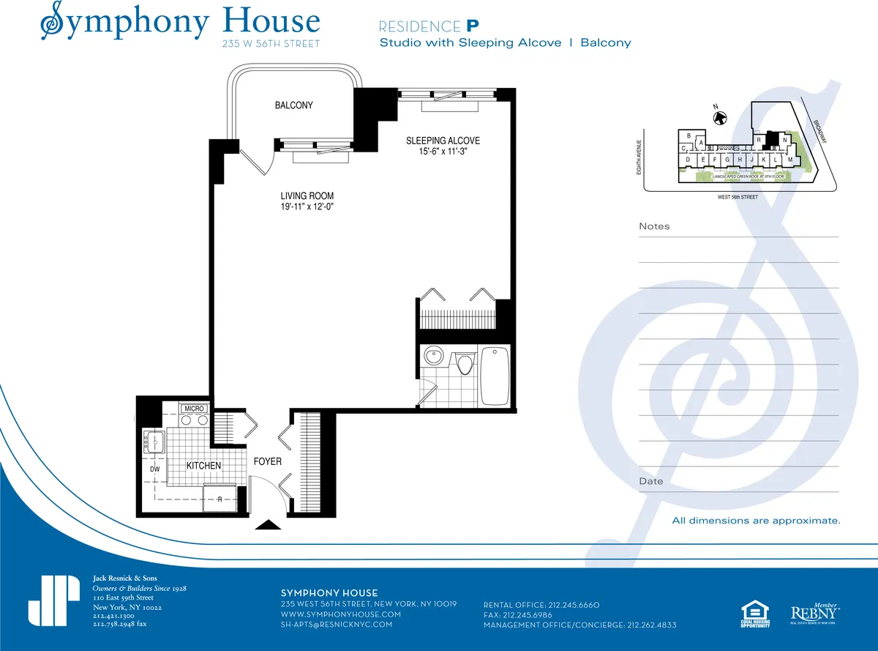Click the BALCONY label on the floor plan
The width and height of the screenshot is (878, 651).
[x=293, y=105]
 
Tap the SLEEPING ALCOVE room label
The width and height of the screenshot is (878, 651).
[x=443, y=141]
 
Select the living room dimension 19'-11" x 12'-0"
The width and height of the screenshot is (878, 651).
[x=307, y=207]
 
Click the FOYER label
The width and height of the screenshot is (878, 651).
[x=267, y=461]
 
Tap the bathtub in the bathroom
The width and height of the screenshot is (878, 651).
[x=495, y=375]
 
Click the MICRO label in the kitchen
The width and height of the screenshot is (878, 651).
[x=194, y=409]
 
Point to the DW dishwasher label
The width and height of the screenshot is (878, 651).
[x=154, y=469]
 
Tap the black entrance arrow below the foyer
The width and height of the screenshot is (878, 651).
[x=269, y=524]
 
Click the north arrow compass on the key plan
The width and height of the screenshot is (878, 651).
[x=720, y=116]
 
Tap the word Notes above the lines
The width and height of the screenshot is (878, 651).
[x=654, y=226]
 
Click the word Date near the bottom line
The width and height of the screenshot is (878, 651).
[x=651, y=481]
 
